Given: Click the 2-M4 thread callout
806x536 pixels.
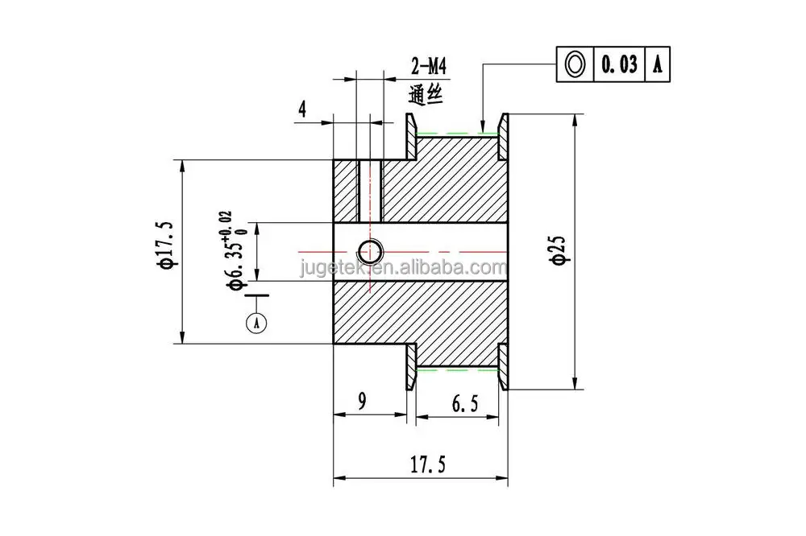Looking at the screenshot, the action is pyautogui.click(x=428, y=66).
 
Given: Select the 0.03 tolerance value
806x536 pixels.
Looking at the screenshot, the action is pyautogui.click(x=619, y=64).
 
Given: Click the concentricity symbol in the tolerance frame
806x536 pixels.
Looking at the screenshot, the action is pyautogui.click(x=575, y=64).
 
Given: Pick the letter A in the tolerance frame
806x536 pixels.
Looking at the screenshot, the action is pyautogui.click(x=658, y=64).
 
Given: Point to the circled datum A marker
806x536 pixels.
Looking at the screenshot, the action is pyautogui.click(x=256, y=323).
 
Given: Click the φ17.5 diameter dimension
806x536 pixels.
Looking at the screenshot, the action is pyautogui.click(x=168, y=245).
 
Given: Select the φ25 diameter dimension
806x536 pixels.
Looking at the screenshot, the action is pyautogui.click(x=559, y=250).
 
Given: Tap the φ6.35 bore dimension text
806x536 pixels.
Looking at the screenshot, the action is pyautogui.click(x=235, y=251).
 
